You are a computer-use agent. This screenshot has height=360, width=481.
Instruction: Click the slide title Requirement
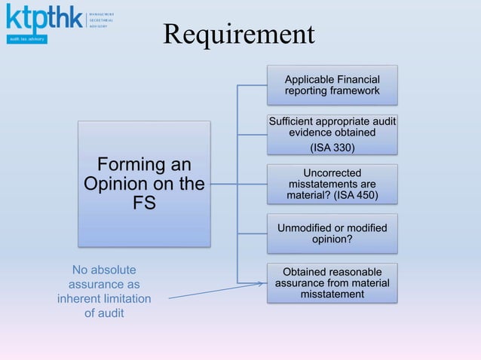[238, 34]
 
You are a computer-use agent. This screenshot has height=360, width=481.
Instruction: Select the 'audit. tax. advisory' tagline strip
[27, 38]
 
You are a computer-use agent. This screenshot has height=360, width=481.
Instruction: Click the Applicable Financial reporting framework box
[332, 85]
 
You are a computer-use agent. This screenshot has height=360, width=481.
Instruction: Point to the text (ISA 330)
[332, 146]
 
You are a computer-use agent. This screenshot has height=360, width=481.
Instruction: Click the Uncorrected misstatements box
[332, 184]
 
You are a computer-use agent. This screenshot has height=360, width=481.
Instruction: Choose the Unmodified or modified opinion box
[332, 233]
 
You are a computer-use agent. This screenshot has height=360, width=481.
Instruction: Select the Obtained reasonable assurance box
[332, 282]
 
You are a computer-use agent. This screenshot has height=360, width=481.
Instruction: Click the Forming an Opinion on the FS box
[144, 184]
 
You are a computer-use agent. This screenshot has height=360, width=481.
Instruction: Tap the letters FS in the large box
[144, 203]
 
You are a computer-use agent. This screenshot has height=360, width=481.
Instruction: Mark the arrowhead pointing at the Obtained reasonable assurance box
[263, 284]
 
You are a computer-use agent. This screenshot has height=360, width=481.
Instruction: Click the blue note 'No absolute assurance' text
[104, 291]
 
